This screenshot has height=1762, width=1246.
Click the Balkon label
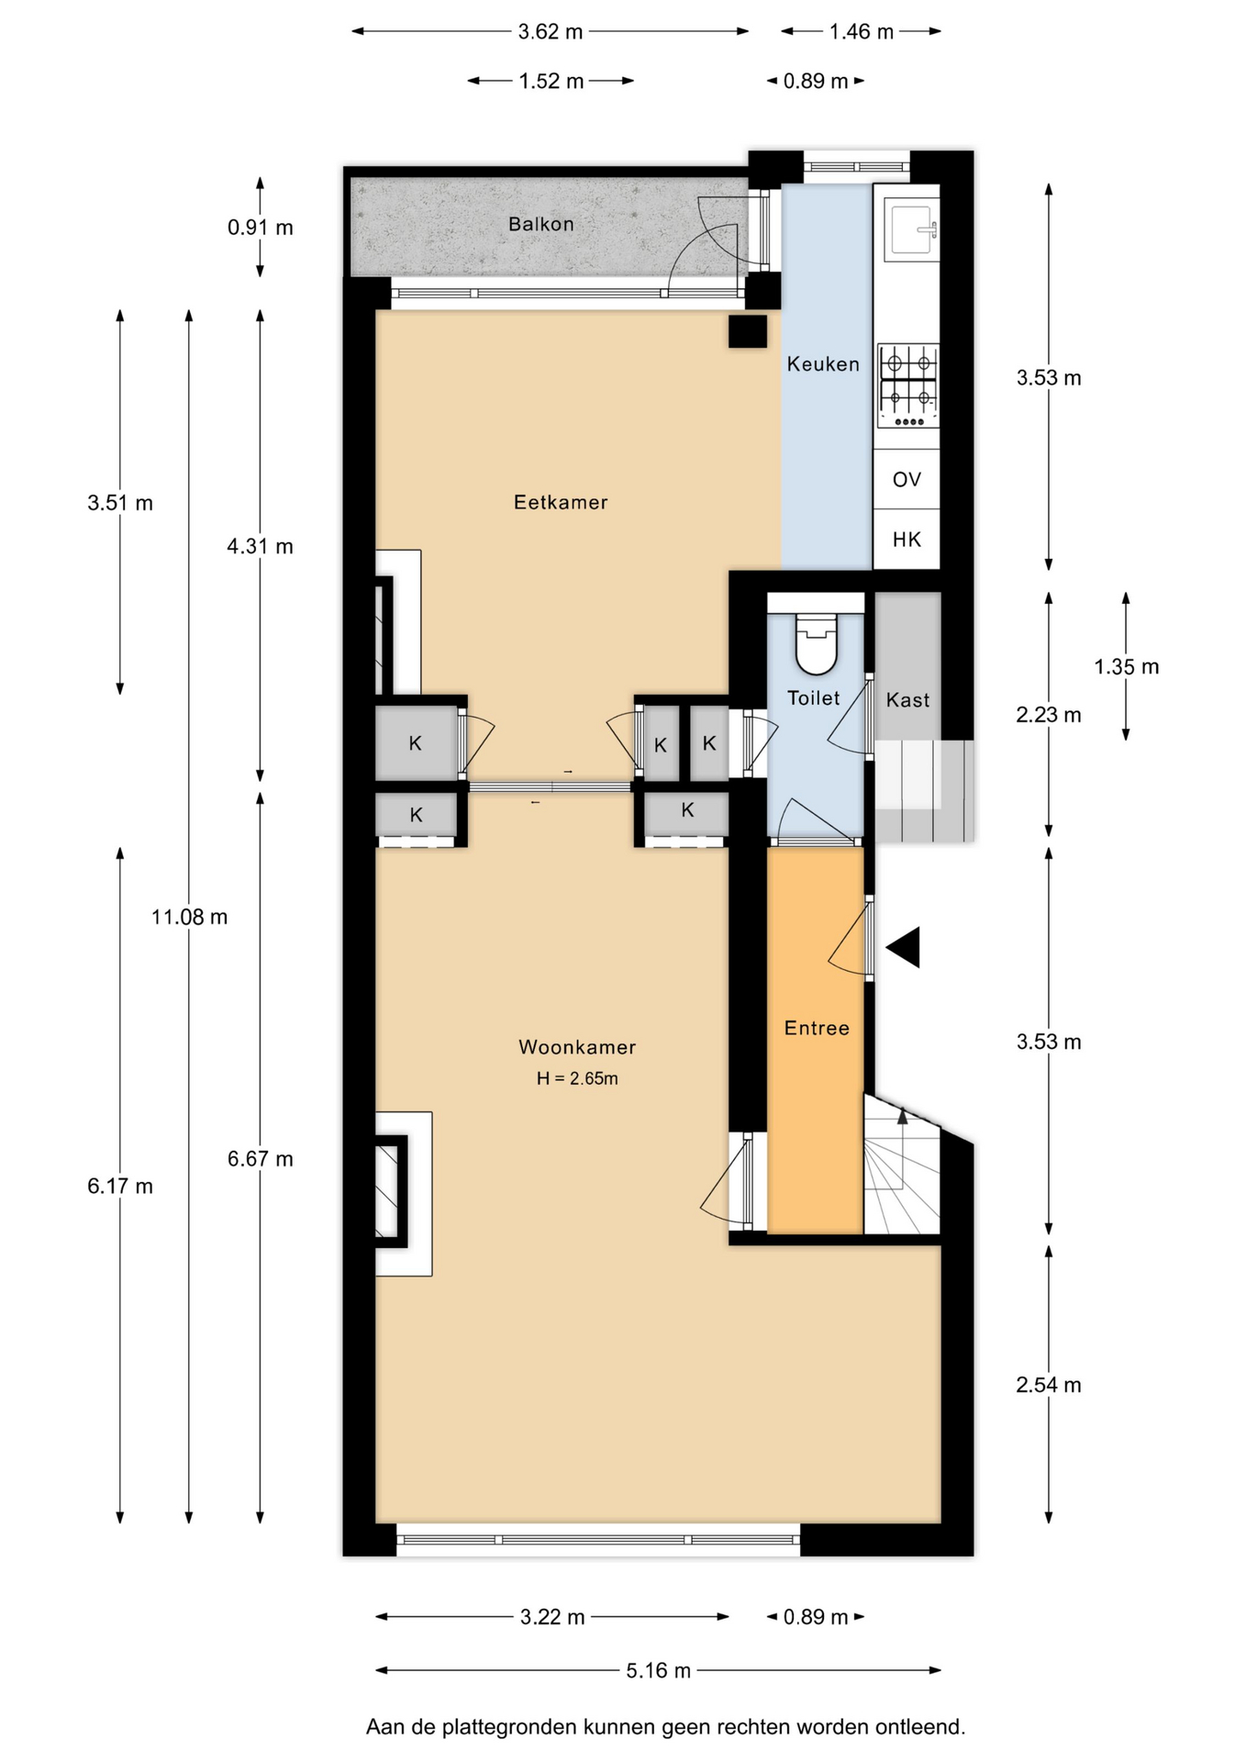[x=541, y=224]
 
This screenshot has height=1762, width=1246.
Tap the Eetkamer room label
[x=561, y=502]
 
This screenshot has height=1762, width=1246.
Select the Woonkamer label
[x=577, y=1047]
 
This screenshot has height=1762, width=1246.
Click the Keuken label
[x=823, y=364]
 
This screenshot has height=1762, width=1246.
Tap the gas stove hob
[x=908, y=385]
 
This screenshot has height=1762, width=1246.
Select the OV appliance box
[x=907, y=479]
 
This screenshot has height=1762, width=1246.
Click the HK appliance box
[x=907, y=540]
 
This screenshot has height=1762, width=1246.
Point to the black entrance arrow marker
[x=904, y=947]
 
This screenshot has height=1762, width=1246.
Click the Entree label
[x=817, y=1029]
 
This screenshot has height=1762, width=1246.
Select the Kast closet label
[x=907, y=700]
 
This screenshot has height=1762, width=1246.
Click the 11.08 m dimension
[x=189, y=917]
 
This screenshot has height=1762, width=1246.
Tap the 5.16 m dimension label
[x=659, y=1670]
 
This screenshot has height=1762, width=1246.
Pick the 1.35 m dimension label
[x=1127, y=667]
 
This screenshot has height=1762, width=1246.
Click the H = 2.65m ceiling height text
[x=577, y=1079]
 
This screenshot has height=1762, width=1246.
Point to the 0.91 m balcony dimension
[x=261, y=228]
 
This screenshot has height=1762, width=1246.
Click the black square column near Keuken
[x=748, y=331]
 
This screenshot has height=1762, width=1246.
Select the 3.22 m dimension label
[x=552, y=1617]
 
